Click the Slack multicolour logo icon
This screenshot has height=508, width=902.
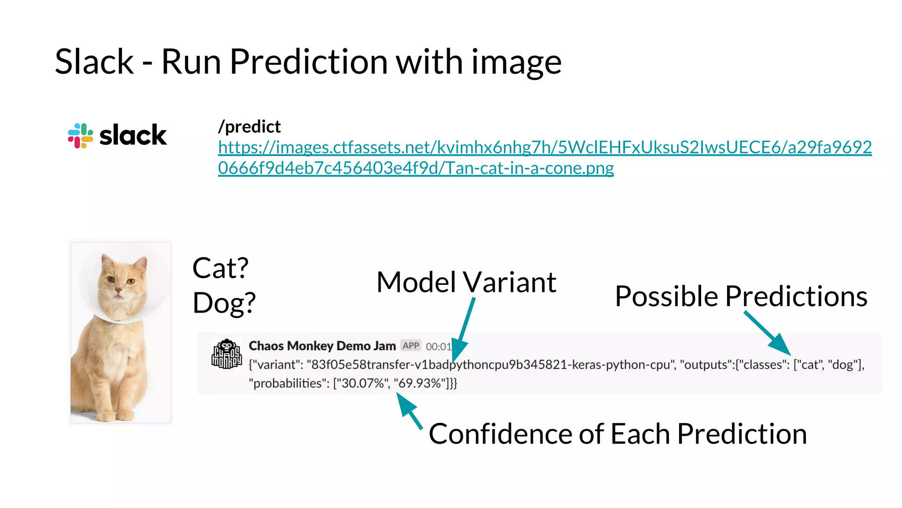click(x=80, y=135)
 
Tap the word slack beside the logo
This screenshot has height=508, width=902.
click(x=133, y=135)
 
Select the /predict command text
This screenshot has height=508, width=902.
click(x=249, y=127)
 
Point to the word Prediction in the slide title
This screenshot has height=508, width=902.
click(x=309, y=61)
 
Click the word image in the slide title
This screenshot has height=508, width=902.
click(x=516, y=62)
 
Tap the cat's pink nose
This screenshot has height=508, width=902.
click(x=118, y=290)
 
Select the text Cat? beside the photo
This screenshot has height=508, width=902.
click(x=220, y=268)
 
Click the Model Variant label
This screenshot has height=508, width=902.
click(x=466, y=282)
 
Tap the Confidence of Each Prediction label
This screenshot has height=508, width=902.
click(x=617, y=434)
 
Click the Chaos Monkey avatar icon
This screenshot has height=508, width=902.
click(x=226, y=354)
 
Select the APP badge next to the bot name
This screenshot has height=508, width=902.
click(x=410, y=346)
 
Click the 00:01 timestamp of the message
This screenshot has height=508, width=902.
click(x=438, y=347)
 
